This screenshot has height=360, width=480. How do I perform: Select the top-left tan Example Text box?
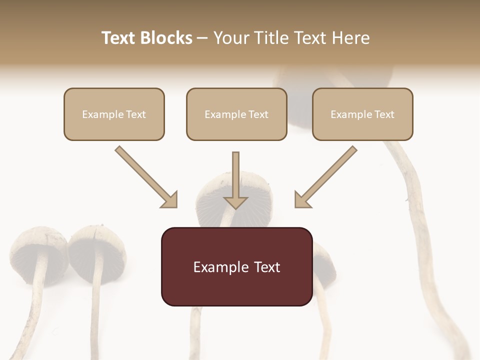pyautogui.click(x=114, y=114)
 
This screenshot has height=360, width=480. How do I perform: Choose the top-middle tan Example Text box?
pyautogui.click(x=236, y=114)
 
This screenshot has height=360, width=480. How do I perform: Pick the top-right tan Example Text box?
pyautogui.click(x=362, y=114)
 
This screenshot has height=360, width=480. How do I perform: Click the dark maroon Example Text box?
pyautogui.click(x=236, y=266)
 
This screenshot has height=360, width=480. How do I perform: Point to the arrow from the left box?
pyautogui.click(x=146, y=176)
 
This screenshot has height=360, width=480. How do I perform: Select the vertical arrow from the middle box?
pyautogui.click(x=235, y=180)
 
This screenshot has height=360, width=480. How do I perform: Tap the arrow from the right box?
pyautogui.click(x=325, y=176)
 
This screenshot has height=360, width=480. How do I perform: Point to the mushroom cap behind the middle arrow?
pyautogui.click(x=210, y=200)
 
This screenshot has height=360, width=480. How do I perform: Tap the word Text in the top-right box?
pyautogui.click(x=384, y=114)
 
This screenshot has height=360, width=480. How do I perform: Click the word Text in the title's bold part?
pyautogui.click(x=119, y=38)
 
